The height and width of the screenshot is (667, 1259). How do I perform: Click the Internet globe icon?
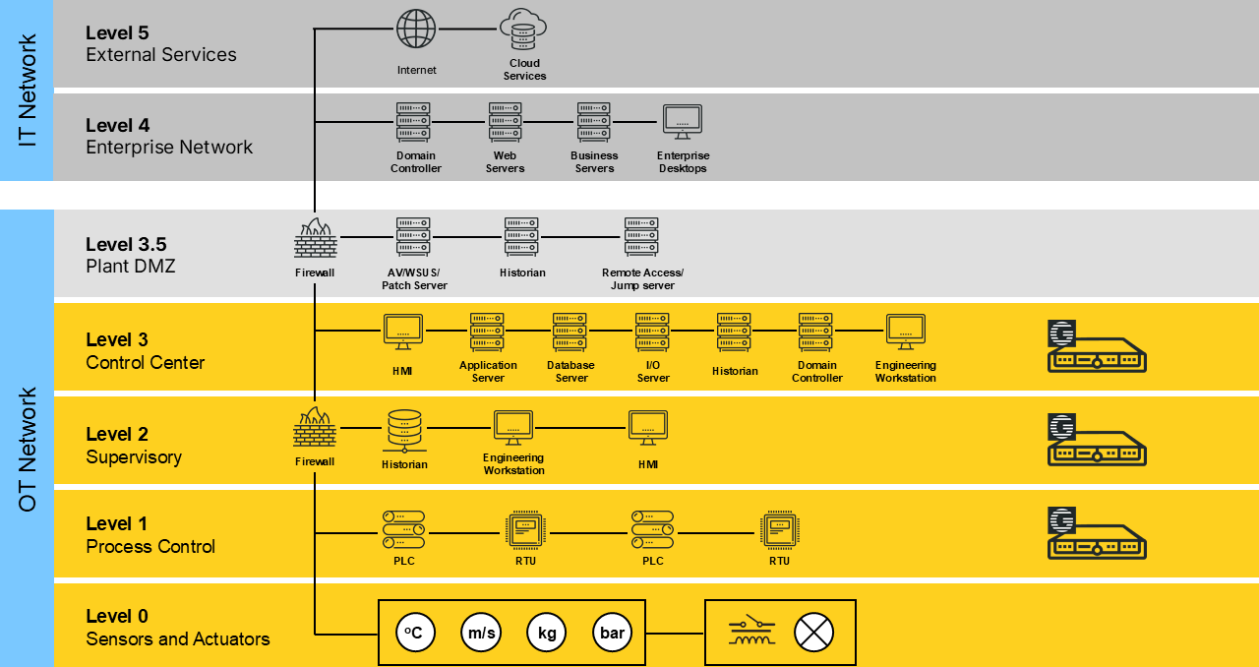[x=415, y=29]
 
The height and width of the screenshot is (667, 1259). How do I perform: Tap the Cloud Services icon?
[x=522, y=30]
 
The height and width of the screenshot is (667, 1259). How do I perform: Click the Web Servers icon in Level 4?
[x=505, y=123]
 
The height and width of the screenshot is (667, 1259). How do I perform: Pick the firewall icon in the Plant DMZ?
[x=315, y=239]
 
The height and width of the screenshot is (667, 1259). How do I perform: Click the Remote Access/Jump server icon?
[x=641, y=237]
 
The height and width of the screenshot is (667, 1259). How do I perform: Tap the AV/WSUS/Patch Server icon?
[x=413, y=237]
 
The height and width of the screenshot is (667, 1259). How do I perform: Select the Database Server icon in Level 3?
[x=570, y=333]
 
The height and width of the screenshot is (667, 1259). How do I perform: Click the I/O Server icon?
[x=652, y=333]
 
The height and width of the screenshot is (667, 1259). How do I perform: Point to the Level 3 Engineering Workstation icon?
[x=905, y=332]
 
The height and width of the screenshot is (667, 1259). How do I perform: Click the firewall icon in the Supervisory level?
[x=315, y=429]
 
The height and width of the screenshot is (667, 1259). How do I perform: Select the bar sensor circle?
[x=612, y=633]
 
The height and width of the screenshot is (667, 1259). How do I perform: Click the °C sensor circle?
[x=415, y=633]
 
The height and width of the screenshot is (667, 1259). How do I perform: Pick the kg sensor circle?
[x=547, y=633]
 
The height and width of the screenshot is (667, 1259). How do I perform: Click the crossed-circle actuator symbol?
[x=813, y=633]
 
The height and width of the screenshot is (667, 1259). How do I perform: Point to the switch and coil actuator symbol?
[x=751, y=632]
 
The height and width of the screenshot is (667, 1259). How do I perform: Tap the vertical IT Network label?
[x=28, y=91]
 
